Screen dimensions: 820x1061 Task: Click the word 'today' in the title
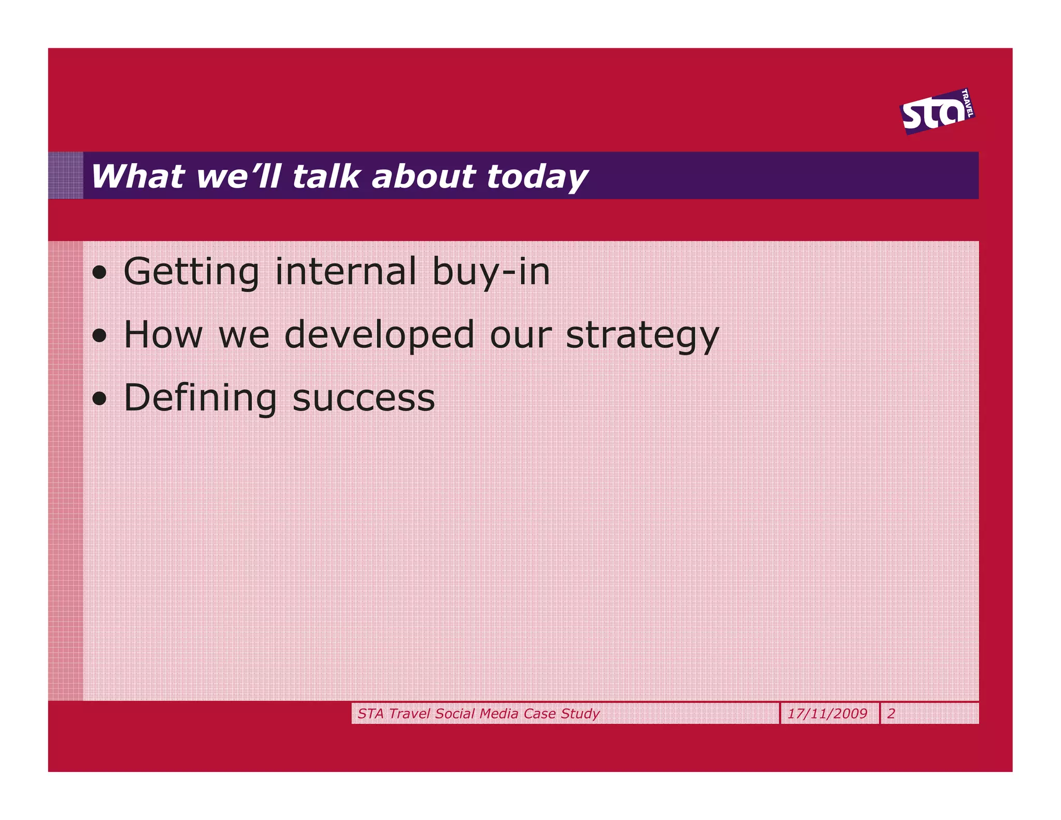(x=537, y=177)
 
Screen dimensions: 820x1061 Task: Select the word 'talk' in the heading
(x=326, y=176)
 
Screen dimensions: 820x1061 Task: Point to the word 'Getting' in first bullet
(x=191, y=272)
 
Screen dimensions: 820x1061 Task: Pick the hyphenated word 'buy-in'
(x=491, y=272)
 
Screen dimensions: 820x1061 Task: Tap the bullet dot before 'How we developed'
(x=99, y=336)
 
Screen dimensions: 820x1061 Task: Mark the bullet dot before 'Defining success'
(x=99, y=399)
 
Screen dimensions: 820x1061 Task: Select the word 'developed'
(x=379, y=335)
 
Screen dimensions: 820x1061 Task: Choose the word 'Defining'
(x=200, y=399)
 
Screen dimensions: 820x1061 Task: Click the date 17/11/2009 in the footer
(x=827, y=714)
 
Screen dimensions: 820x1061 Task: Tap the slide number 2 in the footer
(x=891, y=714)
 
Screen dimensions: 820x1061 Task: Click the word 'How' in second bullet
(x=163, y=335)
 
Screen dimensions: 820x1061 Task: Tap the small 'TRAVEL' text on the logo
(x=967, y=103)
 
